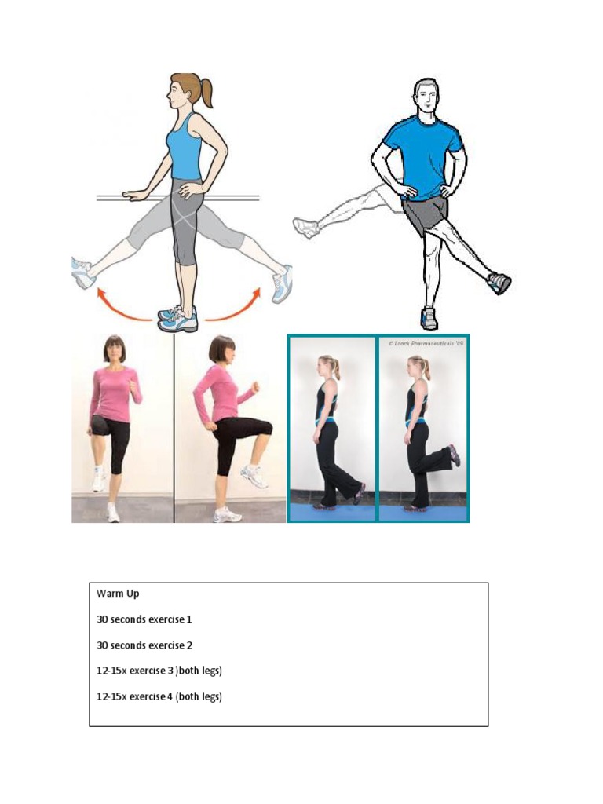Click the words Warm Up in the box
coord(118,594)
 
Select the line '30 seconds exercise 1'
coord(144,619)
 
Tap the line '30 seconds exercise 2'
coord(144,645)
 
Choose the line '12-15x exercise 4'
coord(159,696)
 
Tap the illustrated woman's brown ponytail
coord(205,91)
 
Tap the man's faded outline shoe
coord(305,228)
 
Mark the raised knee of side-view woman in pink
coord(265,428)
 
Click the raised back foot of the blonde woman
coord(454,455)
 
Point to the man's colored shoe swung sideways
coord(499,283)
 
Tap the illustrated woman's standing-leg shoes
coord(177,318)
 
